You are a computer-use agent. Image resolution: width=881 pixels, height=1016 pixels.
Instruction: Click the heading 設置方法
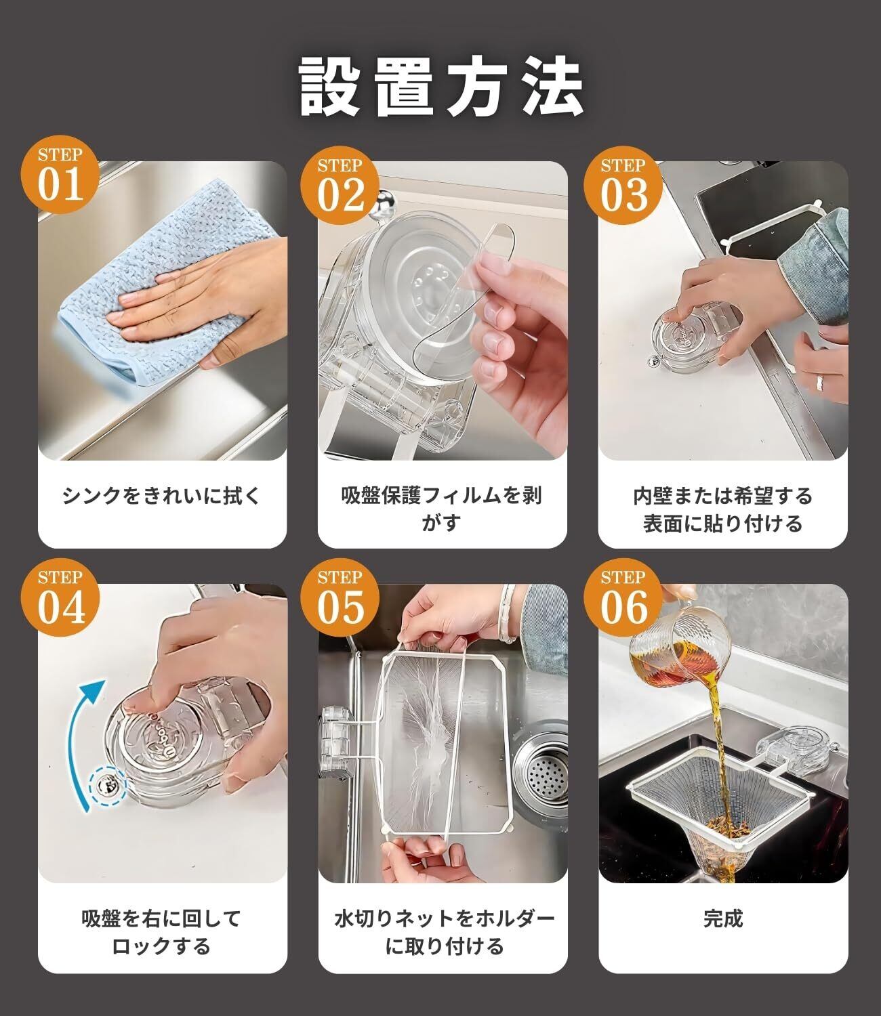[440, 87]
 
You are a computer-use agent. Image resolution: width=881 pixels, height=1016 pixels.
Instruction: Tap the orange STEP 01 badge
[60, 174]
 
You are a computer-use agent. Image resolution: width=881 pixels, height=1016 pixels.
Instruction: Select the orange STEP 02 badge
[340, 186]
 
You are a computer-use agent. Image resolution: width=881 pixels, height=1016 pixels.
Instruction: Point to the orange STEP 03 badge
[623, 186]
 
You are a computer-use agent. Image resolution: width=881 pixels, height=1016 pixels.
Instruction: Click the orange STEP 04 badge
[60, 597]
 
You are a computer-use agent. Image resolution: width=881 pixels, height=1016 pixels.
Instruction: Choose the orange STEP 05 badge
[340, 597]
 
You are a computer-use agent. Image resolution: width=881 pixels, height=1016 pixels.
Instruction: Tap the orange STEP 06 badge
[623, 597]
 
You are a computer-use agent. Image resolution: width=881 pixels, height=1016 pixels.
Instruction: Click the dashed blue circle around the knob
[108, 786]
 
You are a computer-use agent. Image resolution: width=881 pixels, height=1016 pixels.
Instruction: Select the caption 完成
[722, 918]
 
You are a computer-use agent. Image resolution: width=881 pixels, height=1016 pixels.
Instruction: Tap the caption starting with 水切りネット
[443, 932]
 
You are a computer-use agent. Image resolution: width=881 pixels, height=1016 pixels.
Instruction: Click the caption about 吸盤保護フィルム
[441, 509]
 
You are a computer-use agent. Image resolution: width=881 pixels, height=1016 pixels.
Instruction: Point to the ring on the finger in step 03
[820, 381]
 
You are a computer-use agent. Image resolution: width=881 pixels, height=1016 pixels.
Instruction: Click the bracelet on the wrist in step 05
[507, 614]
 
